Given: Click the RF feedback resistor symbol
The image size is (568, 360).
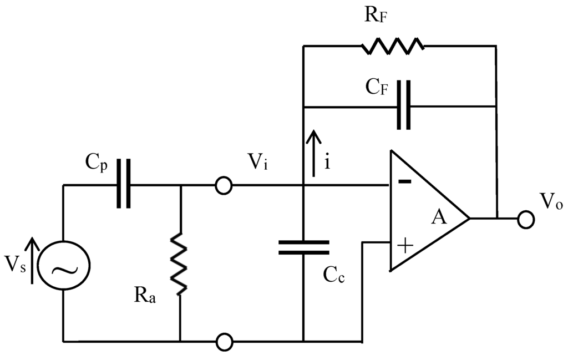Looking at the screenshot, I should point(393,46).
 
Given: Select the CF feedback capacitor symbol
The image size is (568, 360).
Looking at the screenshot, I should point(405,105).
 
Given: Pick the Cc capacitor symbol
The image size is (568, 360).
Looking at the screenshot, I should point(303,247).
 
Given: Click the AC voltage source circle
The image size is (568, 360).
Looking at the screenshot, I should point(64,268).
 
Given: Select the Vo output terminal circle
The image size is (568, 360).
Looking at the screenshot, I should point(525,219).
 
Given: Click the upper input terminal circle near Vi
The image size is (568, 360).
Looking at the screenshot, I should point(223,185).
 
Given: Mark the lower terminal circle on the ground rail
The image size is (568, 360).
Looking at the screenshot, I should point(223,341).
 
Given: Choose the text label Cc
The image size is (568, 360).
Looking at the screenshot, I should point(333,275).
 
